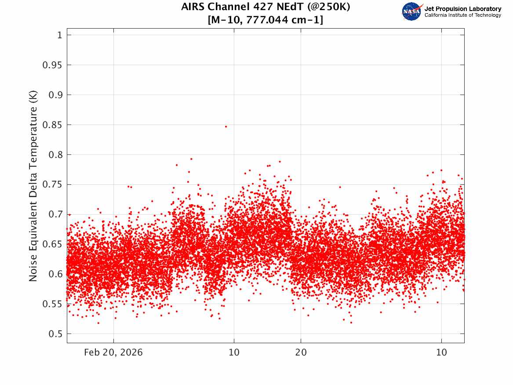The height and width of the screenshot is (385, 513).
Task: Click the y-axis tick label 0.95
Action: (x=52, y=65)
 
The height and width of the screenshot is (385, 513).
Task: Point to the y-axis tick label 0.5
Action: (x=55, y=334)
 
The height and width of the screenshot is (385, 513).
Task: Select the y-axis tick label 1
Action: (x=59, y=35)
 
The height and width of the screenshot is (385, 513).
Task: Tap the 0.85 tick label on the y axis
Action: (x=52, y=125)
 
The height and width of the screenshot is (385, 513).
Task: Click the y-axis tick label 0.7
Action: (x=55, y=214)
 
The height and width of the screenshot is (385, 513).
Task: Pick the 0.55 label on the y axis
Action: (x=52, y=304)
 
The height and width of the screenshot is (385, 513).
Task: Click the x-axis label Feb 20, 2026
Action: (x=113, y=352)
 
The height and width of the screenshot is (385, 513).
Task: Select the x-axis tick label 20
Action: (x=301, y=352)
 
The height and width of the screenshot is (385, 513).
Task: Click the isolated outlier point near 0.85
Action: (x=226, y=127)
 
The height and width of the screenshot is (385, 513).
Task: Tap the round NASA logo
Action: (x=412, y=12)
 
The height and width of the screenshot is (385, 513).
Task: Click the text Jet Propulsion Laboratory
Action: (x=463, y=9)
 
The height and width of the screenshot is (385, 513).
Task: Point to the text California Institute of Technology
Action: (x=463, y=15)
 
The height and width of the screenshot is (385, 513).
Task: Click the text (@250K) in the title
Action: (x=328, y=7)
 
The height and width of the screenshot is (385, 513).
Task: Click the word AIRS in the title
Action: (x=193, y=7)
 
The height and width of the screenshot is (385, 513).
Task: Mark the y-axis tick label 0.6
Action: (x=55, y=275)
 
